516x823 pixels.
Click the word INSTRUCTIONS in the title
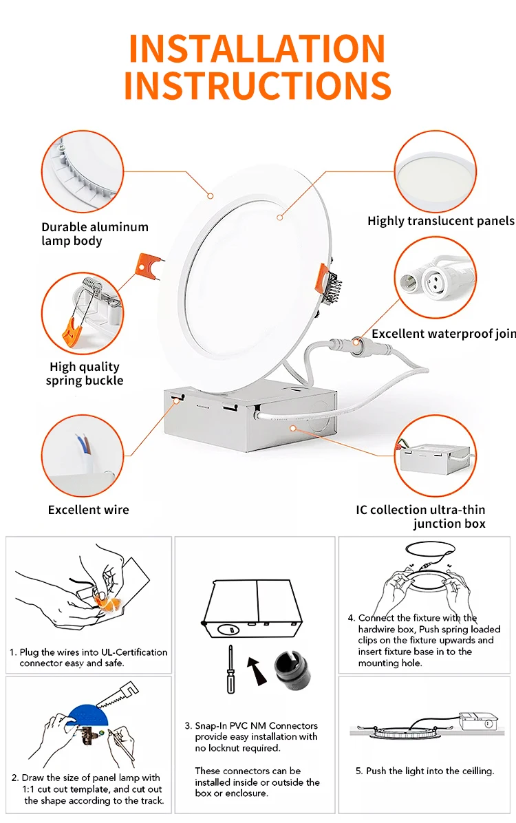point(257,85)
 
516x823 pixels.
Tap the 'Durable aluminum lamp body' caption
point(94,234)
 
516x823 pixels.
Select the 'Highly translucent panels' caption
point(440,221)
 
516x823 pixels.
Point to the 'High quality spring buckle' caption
point(85,374)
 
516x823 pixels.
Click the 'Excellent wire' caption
point(88,510)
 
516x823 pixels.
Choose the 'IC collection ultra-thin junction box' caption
point(420,517)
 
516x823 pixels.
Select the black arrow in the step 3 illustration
point(258,670)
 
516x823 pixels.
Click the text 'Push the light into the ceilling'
point(430,771)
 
